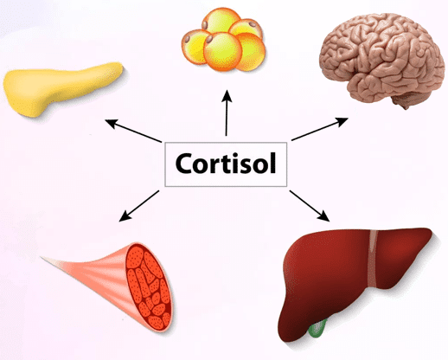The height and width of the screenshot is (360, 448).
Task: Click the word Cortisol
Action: [226, 164]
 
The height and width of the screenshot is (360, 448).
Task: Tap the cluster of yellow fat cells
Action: [223, 40]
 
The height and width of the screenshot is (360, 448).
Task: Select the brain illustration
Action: [382, 59]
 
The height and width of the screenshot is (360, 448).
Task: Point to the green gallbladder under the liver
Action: [317, 329]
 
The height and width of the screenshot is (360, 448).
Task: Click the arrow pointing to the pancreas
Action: [133, 131]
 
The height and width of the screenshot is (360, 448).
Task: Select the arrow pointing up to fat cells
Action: [227, 112]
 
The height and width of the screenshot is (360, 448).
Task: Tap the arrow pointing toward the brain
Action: [320, 129]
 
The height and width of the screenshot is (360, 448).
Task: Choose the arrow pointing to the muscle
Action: [139, 206]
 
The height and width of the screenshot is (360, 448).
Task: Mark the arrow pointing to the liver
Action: [310, 206]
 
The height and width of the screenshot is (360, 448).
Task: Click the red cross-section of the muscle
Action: [149, 287]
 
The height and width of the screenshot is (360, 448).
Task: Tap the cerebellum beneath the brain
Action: [404, 101]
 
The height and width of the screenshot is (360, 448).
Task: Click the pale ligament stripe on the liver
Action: [374, 258]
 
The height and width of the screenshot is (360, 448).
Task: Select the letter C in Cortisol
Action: [185, 164]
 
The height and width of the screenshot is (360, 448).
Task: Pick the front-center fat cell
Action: [222, 51]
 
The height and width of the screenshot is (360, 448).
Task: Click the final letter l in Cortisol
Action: [273, 163]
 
